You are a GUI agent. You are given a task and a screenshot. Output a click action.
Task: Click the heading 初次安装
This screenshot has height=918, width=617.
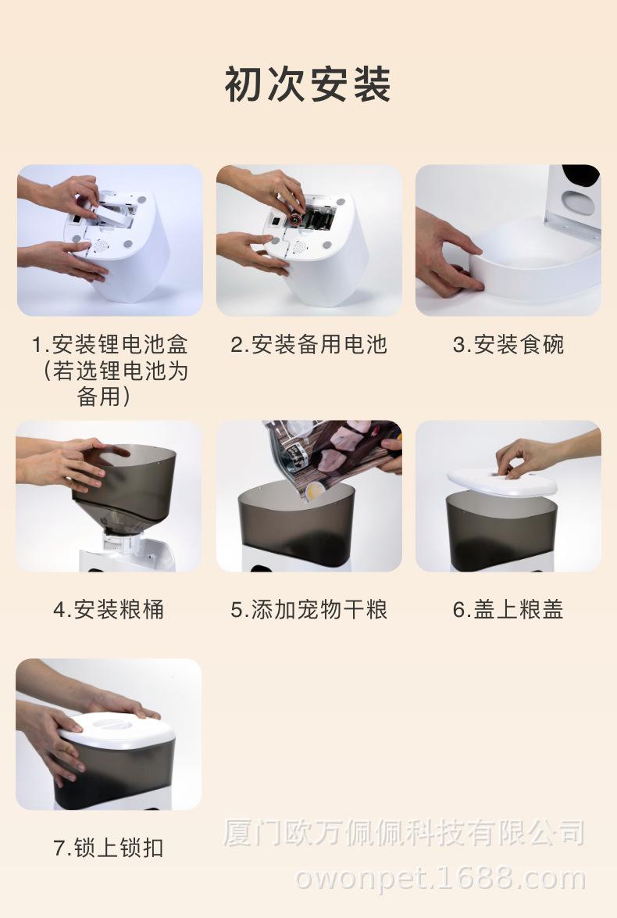pos(308,84)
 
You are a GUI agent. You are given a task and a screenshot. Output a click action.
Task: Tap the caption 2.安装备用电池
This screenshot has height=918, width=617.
pos(308,344)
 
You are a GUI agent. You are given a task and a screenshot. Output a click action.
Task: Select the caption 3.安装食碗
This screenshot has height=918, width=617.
pos(508,344)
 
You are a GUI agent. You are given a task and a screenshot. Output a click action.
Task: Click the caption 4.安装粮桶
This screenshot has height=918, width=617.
pos(109,609)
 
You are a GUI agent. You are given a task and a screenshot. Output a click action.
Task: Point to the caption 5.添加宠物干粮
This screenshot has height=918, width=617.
pos(308,609)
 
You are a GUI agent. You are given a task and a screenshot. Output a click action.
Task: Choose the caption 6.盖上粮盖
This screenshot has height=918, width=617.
pos(508,609)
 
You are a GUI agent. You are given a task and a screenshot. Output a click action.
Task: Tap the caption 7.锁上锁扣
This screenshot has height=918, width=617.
pos(109,847)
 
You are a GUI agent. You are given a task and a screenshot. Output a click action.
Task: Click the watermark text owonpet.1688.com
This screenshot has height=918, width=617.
pos(440,879)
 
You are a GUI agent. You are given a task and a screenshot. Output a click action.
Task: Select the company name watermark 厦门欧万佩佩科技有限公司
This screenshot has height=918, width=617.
pos(404,833)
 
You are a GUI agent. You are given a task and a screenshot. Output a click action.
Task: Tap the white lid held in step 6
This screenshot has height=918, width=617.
pos(502,482)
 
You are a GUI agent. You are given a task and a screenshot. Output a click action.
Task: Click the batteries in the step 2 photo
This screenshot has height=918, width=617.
pos(313,219)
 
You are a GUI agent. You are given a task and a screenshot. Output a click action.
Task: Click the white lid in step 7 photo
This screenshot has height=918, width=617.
pos(116,730)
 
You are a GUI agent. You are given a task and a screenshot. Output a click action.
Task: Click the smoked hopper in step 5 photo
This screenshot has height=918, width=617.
pos(297,524)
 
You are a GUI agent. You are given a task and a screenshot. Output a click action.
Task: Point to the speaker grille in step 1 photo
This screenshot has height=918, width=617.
pos(99,246)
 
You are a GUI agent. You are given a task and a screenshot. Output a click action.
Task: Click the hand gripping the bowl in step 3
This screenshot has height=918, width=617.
pos(448,252)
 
